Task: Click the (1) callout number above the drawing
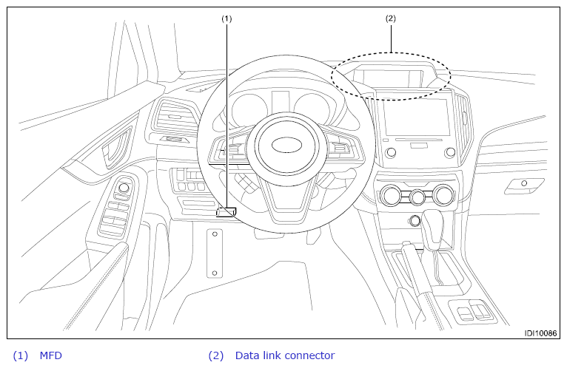tap(227, 18)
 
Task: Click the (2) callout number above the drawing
tap(391, 18)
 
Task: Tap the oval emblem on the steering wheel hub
tap(286, 145)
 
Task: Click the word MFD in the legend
tap(50, 355)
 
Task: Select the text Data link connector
tap(285, 355)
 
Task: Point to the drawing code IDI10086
tap(540, 333)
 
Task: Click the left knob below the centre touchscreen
tap(391, 153)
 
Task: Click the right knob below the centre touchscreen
tap(450, 152)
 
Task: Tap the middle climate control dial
tap(417, 197)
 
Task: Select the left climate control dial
tap(391, 195)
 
